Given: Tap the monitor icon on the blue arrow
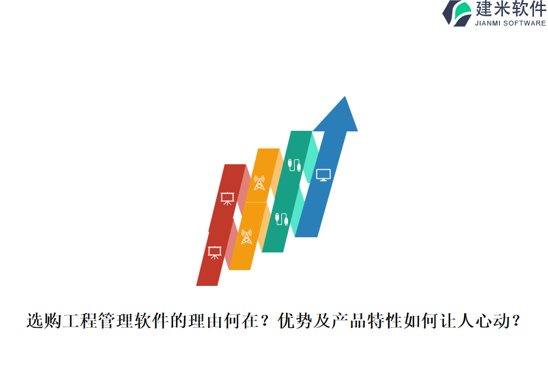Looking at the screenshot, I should (x=323, y=175).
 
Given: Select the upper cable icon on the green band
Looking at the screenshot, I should (x=295, y=165).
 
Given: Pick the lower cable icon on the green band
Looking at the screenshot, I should (x=281, y=218).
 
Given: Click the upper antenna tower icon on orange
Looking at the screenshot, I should (x=259, y=182).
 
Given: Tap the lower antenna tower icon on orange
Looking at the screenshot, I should (x=246, y=237).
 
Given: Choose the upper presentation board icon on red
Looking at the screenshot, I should (x=227, y=198).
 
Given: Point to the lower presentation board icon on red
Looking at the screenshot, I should (x=214, y=252).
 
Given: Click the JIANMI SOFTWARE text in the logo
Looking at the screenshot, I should (x=510, y=23).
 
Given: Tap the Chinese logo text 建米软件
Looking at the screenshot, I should (x=510, y=9).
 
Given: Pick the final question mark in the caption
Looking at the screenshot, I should (x=517, y=321).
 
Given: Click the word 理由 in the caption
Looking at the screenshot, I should (x=201, y=321).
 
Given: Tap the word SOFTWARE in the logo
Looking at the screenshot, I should (x=525, y=23).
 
